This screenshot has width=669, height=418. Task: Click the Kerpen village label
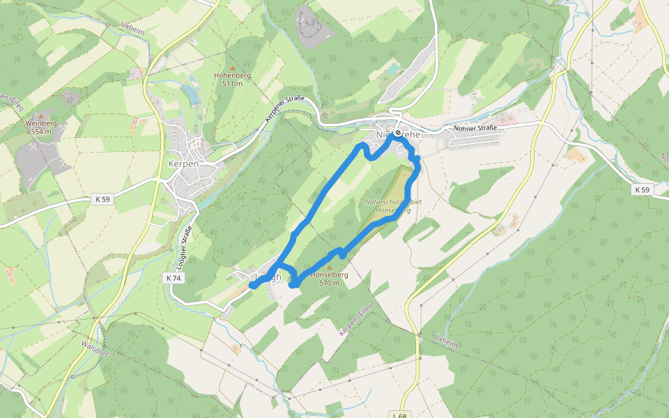pyautogui.click(x=184, y=164)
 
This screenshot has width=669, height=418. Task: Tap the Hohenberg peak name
pyautogui.click(x=232, y=75)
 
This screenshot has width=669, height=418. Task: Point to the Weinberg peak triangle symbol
pyautogui.click(x=41, y=116)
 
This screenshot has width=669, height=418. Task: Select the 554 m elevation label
pyautogui.click(x=41, y=131)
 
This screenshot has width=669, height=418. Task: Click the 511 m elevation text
pyautogui.click(x=232, y=84)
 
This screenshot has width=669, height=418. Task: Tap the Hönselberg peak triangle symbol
pyautogui.click(x=330, y=267)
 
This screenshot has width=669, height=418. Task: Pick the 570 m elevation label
pyautogui.click(x=329, y=283)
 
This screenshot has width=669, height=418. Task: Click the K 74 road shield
pyautogui.click(x=174, y=278)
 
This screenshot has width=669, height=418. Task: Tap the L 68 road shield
pyautogui.click(x=399, y=415)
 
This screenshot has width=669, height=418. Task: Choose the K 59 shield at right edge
pyautogui.click(x=642, y=189)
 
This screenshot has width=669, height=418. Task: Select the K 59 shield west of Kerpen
pyautogui.click(x=101, y=199)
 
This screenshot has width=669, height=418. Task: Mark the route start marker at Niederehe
pyautogui.click(x=397, y=132)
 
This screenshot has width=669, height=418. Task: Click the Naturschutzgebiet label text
pyautogui.click(x=393, y=203)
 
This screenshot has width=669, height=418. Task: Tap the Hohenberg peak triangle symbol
pyautogui.click(x=232, y=68)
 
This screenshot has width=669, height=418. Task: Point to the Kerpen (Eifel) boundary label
pyautogui.click(x=353, y=323)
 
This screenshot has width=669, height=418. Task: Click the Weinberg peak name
pyautogui.click(x=40, y=123)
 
